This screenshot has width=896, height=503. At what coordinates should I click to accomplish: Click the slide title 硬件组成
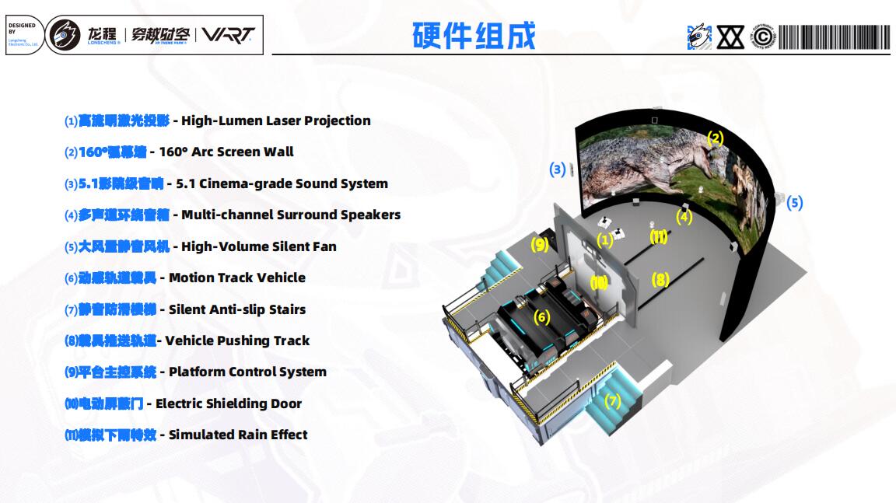coord(474,36)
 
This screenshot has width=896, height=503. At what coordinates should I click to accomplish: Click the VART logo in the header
coord(227,35)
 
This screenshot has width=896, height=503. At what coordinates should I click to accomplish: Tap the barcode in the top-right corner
coord(834,37)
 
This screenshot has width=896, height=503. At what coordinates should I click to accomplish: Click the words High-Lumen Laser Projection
coord(275,121)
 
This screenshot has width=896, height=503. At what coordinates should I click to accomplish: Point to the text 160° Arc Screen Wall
coord(226,152)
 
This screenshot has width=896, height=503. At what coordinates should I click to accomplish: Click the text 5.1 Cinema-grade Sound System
coord(282,183)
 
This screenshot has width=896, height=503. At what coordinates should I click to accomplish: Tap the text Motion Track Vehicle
coord(236,278)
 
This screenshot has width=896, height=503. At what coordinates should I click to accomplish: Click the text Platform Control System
coord(247,372)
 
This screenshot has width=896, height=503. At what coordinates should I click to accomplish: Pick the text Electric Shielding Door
coord(229,403)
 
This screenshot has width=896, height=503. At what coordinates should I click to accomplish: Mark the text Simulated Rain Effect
coord(238,435)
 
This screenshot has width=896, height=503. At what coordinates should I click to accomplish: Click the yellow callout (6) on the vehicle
coord(542,316)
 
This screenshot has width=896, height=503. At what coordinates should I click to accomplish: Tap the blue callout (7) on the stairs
coord(613,401)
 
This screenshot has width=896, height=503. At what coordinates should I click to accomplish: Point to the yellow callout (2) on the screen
coord(715,138)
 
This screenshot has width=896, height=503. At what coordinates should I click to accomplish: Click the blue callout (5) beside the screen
coord(794,203)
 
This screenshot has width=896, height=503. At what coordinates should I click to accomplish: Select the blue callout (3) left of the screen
coord(557,169)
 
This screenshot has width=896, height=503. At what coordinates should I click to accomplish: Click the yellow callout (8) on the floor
coord(660,279)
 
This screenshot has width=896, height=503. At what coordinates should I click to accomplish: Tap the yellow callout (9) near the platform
coord(540,245)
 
